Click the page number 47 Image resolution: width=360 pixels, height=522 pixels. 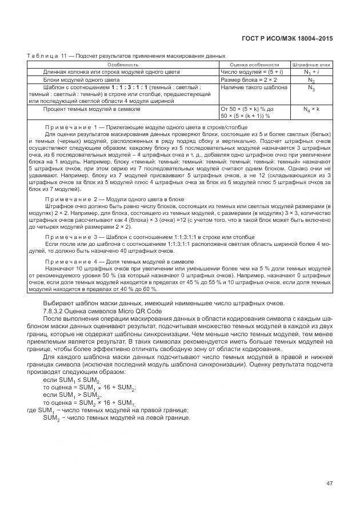329,483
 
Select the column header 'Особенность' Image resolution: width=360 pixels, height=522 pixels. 123,65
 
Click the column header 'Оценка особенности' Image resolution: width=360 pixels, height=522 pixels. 254,65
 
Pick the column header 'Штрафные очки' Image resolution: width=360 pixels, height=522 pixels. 311,65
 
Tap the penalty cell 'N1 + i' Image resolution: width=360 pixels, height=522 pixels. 311,72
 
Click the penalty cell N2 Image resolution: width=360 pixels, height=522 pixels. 311,80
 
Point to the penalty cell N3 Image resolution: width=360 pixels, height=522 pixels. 311,88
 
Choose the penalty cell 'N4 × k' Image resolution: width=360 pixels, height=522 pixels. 311,108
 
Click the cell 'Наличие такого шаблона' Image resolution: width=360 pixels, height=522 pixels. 249,87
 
